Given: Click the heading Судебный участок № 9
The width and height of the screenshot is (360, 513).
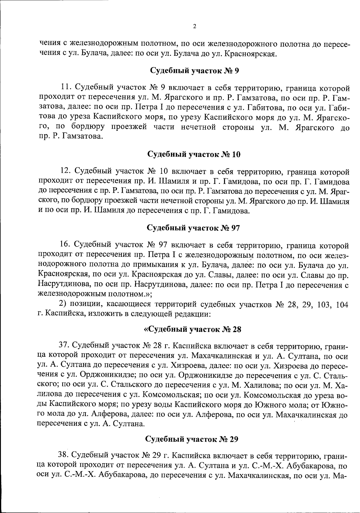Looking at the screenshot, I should [x=194, y=71].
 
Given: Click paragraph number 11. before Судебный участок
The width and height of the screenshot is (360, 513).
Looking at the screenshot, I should [x=65, y=88].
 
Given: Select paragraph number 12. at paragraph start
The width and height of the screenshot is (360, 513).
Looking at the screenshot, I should [x=65, y=172].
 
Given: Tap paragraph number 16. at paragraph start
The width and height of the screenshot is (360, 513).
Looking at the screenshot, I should [x=65, y=245].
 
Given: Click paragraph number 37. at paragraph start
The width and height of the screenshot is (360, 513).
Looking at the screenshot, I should [x=64, y=346].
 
